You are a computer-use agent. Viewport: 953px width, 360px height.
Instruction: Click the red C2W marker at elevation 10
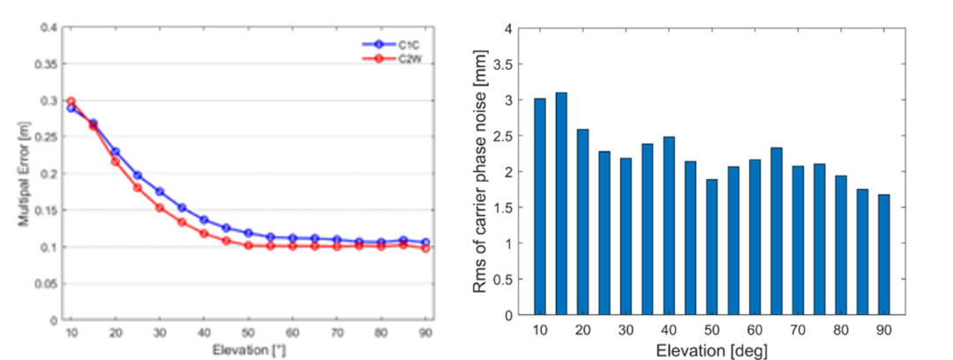tap(71, 101)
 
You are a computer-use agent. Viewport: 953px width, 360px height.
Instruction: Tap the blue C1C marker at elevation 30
tap(160, 191)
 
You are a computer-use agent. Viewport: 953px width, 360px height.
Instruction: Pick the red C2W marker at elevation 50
tap(249, 245)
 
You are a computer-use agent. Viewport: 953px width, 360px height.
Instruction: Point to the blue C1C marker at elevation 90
tap(427, 242)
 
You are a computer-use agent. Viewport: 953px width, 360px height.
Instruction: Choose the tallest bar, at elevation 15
tap(561, 203)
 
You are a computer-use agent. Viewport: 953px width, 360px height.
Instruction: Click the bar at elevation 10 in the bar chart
tap(540, 206)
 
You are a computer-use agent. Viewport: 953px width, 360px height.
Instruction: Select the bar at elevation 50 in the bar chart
tap(711, 247)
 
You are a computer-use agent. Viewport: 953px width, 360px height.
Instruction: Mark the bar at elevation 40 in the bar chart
tap(669, 226)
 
